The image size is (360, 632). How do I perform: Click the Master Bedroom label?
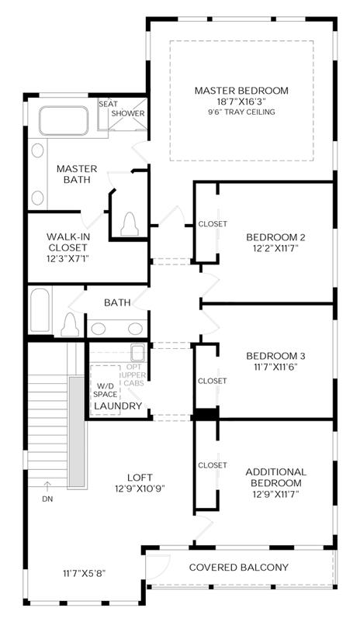tap(241, 91)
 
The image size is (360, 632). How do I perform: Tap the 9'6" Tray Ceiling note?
tap(241, 112)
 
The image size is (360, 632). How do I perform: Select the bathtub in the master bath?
tap(64, 120)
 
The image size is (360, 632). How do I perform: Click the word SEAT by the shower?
tap(109, 104)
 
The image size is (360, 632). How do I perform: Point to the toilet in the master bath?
tap(130, 223)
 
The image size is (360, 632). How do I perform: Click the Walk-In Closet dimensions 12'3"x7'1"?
tap(67, 258)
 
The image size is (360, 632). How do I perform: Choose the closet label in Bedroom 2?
tap(213, 223)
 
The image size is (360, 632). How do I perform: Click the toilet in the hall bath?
tap(70, 324)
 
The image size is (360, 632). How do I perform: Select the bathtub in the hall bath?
tap(40, 310)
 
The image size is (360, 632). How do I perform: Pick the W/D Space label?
tap(106, 389)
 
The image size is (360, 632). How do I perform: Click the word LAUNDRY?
tap(118, 406)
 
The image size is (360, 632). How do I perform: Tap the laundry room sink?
tap(138, 354)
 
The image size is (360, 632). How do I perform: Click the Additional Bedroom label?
tap(275, 477)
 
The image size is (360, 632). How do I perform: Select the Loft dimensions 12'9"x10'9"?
tap(140, 489)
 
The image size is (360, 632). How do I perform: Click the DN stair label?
tap(47, 499)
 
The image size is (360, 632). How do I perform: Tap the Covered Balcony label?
tap(239, 568)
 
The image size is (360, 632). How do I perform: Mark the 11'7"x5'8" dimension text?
tap(85, 573)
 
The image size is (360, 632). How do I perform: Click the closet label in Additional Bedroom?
tap(213, 465)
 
